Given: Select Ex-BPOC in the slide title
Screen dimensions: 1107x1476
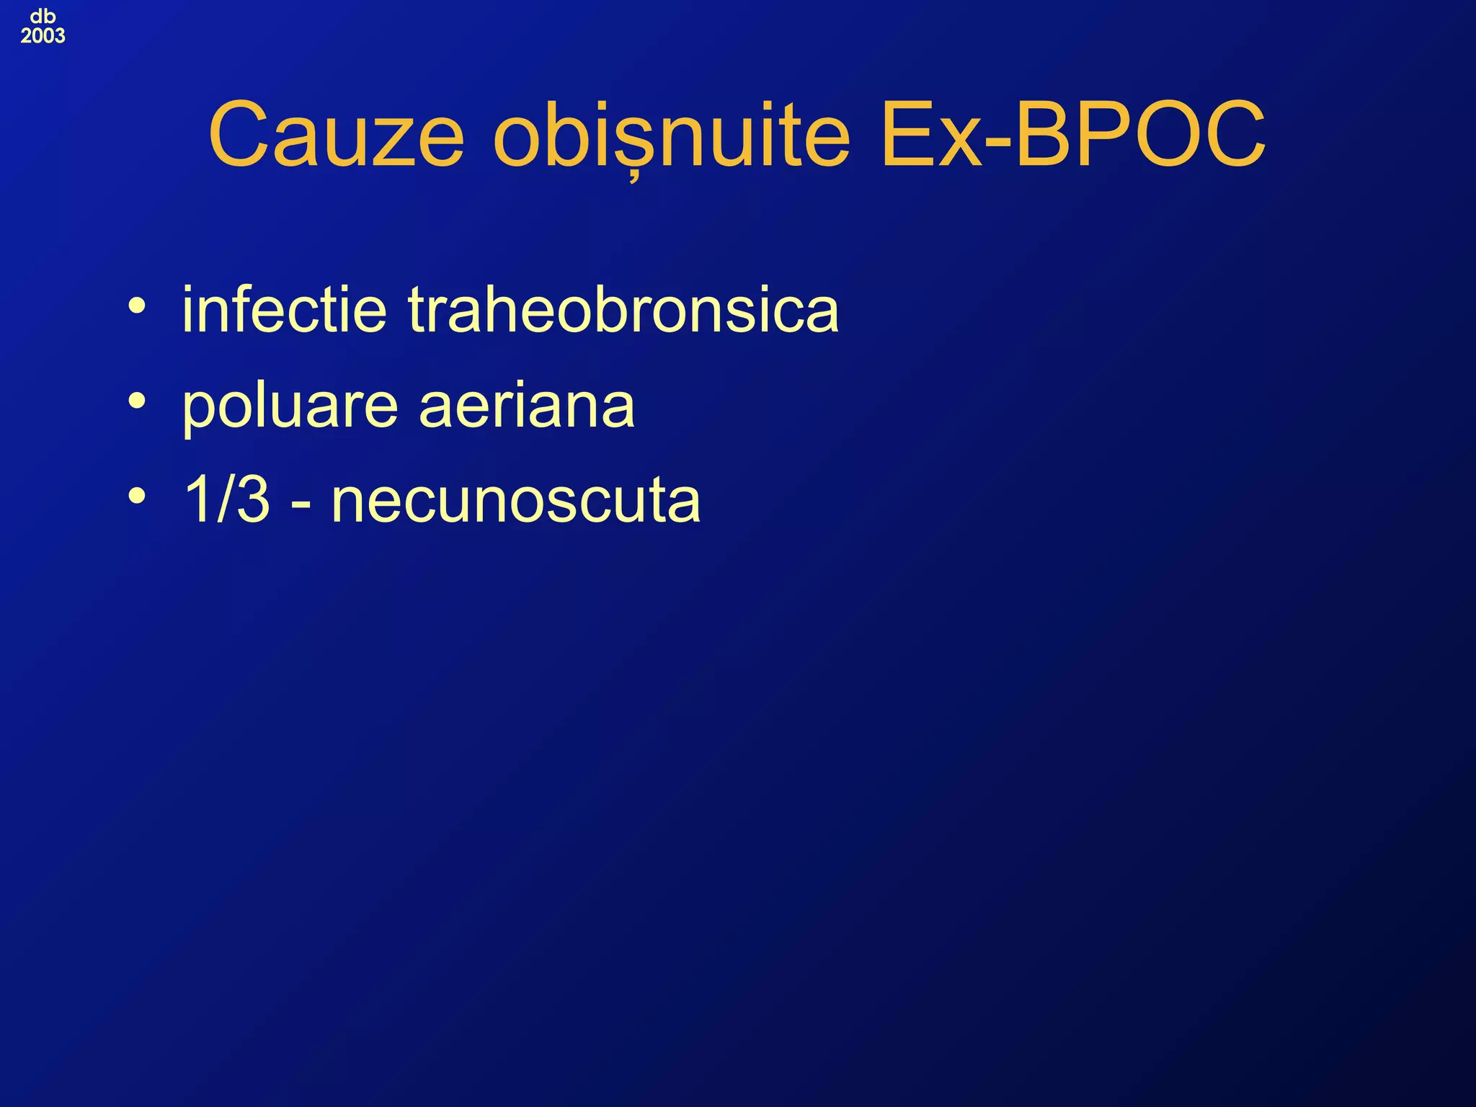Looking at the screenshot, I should pyautogui.click(x=1072, y=135).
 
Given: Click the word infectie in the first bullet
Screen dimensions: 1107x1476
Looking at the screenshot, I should pyautogui.click(x=284, y=310).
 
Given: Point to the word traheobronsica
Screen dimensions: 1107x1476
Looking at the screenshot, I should pyautogui.click(x=623, y=310).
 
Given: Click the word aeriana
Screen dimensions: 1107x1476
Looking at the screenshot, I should pyautogui.click(x=527, y=406).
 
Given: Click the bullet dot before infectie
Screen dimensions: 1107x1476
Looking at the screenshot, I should pyautogui.click(x=137, y=306).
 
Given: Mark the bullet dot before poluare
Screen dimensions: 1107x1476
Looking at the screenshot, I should pyautogui.click(x=137, y=401).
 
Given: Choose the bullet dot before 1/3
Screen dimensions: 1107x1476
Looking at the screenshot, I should pyautogui.click(x=137, y=495).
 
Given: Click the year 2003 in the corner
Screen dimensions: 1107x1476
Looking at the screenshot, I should pyautogui.click(x=43, y=36).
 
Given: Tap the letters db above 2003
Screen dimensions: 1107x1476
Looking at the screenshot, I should pyautogui.click(x=43, y=16).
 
